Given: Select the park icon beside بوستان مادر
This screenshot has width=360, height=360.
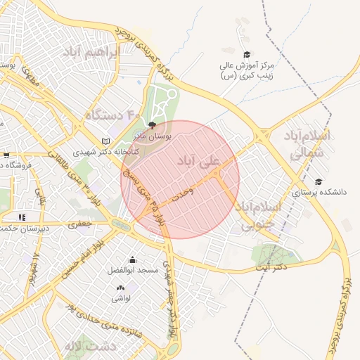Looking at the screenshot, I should [x=153, y=124].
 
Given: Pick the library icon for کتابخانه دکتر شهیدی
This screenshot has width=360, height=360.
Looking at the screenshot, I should [x=105, y=141].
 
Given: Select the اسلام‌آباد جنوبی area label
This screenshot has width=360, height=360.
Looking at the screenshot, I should [x=259, y=215].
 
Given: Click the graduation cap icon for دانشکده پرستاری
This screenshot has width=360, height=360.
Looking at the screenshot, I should [x=319, y=181].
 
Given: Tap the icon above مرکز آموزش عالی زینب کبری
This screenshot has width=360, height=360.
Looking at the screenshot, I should [x=246, y=55].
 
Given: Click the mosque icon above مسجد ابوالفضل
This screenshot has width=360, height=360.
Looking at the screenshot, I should [x=133, y=259].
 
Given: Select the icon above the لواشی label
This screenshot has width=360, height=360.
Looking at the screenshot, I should [x=120, y=287].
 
